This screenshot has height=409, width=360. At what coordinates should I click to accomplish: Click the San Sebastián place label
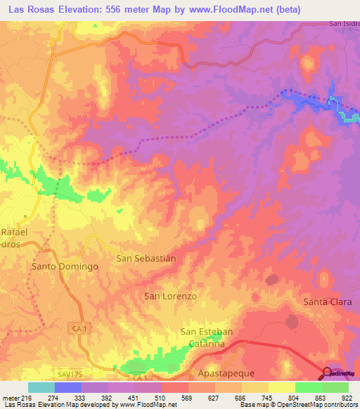click(146, 258)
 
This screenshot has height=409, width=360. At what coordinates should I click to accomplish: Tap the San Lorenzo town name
click(170, 296)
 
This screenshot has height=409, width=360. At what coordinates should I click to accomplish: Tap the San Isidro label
click(344, 24)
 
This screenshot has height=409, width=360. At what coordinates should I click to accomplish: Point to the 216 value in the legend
click(22, 396)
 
